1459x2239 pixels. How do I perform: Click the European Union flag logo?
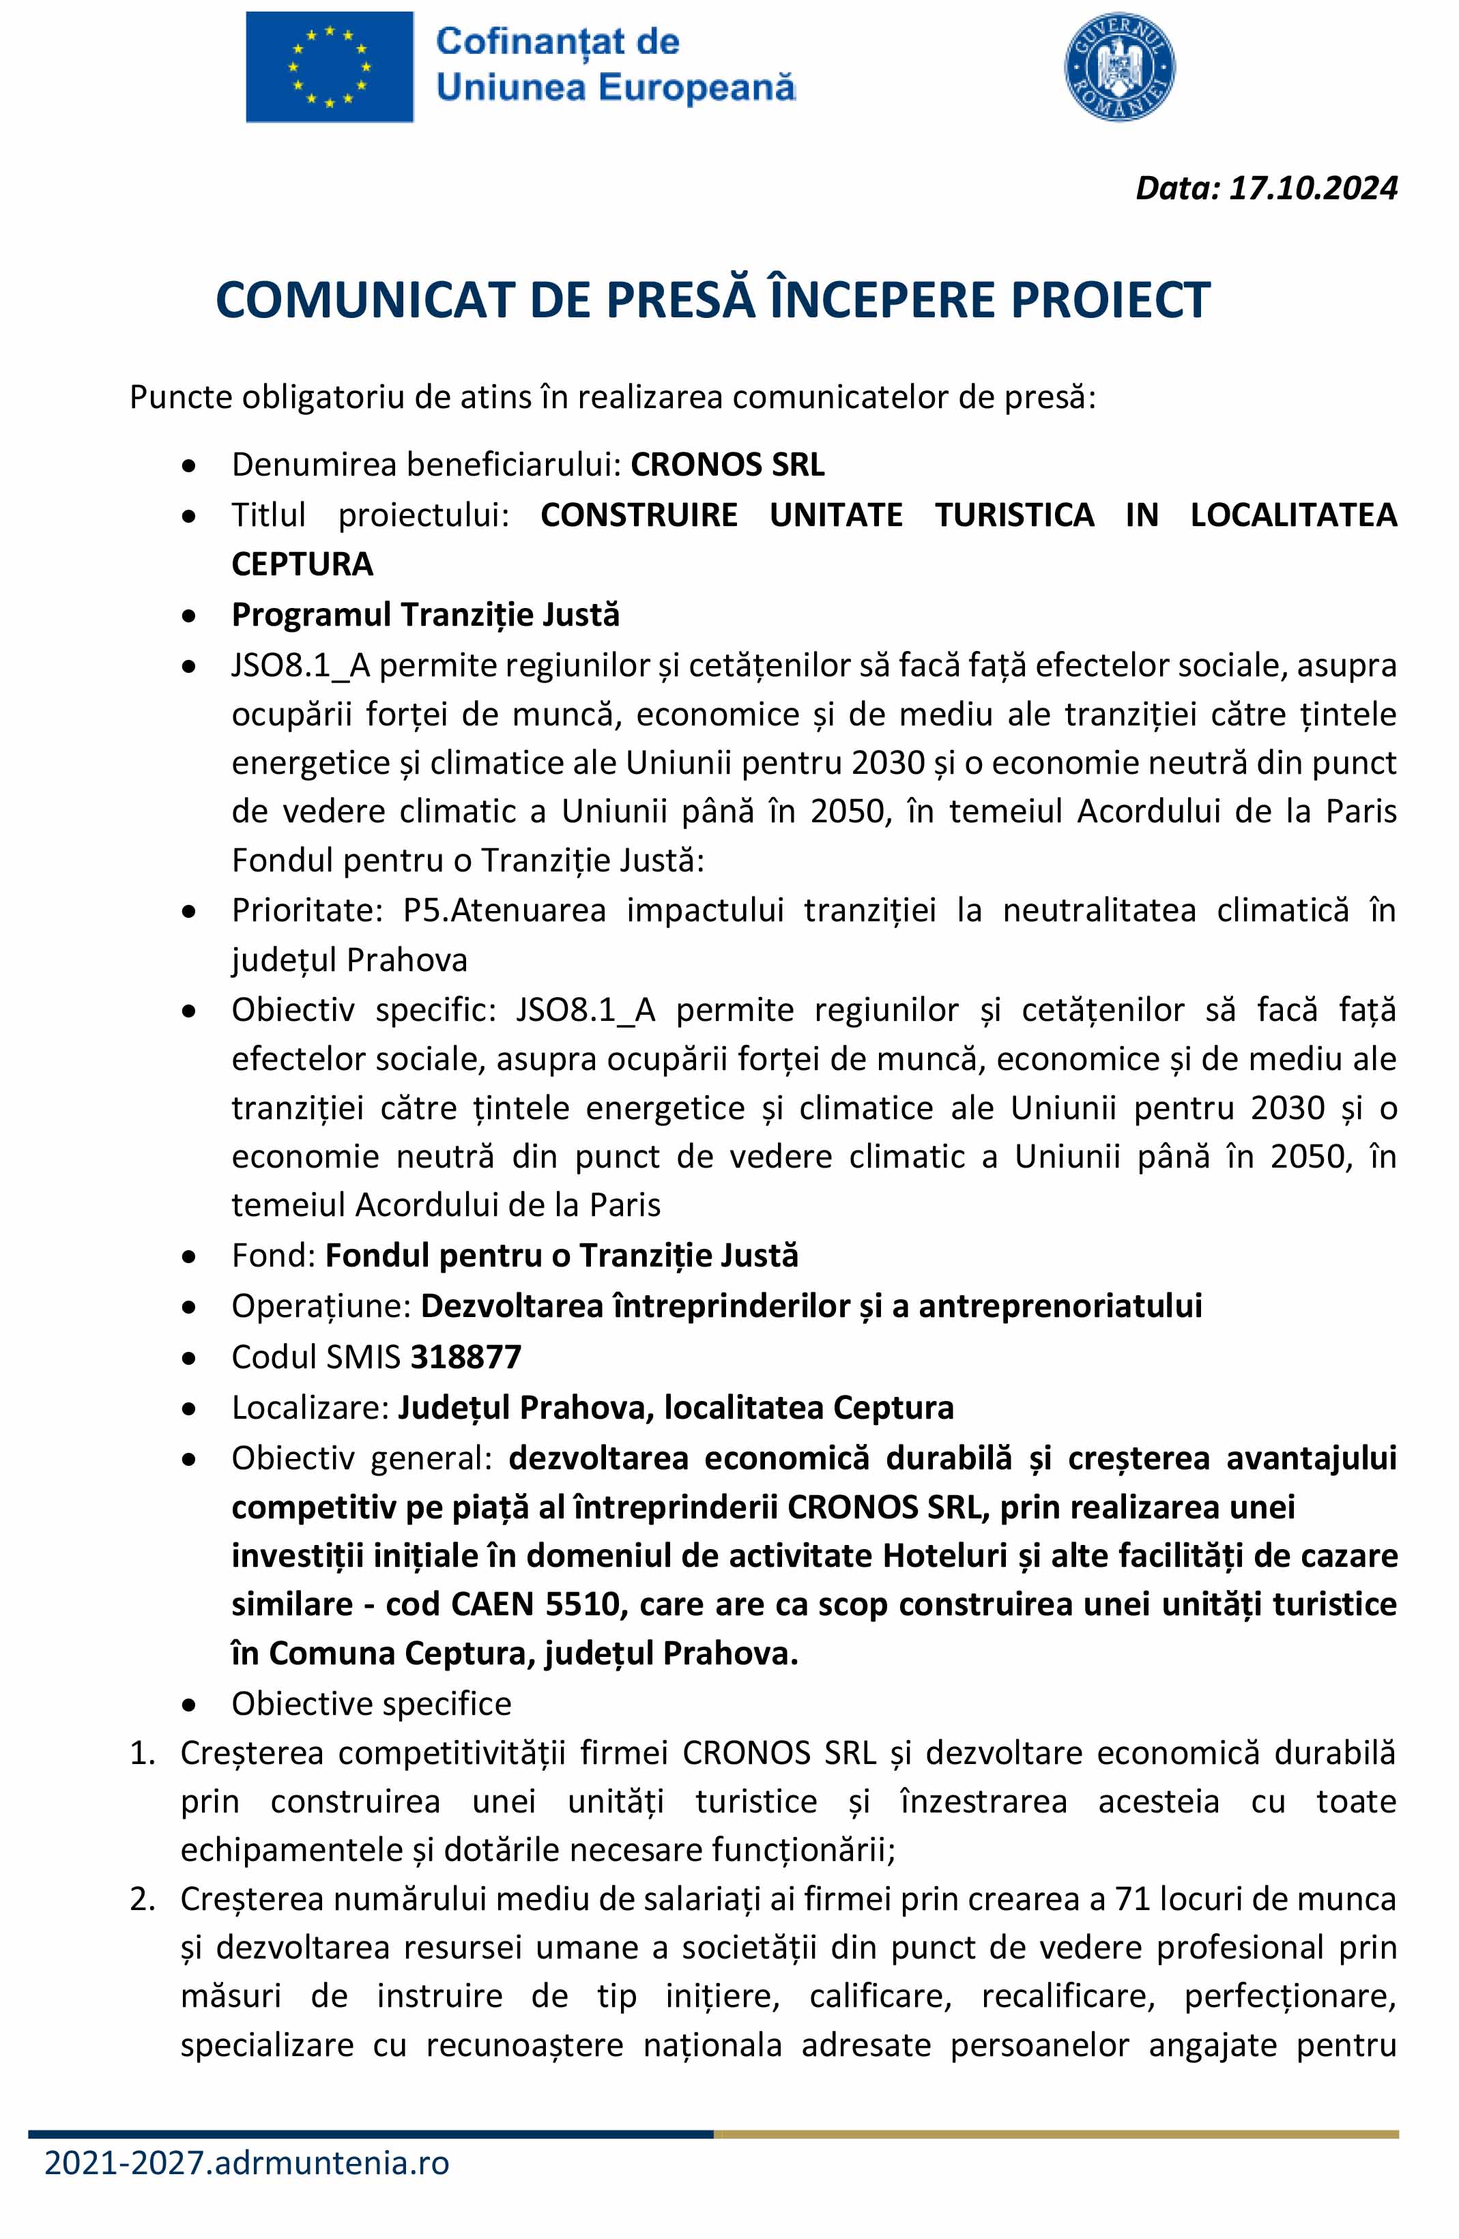[x=329, y=67]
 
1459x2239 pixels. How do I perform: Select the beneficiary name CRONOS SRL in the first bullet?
[x=727, y=465]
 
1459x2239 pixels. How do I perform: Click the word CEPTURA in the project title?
[x=302, y=564]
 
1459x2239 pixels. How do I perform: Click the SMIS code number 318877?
[x=465, y=1357]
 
